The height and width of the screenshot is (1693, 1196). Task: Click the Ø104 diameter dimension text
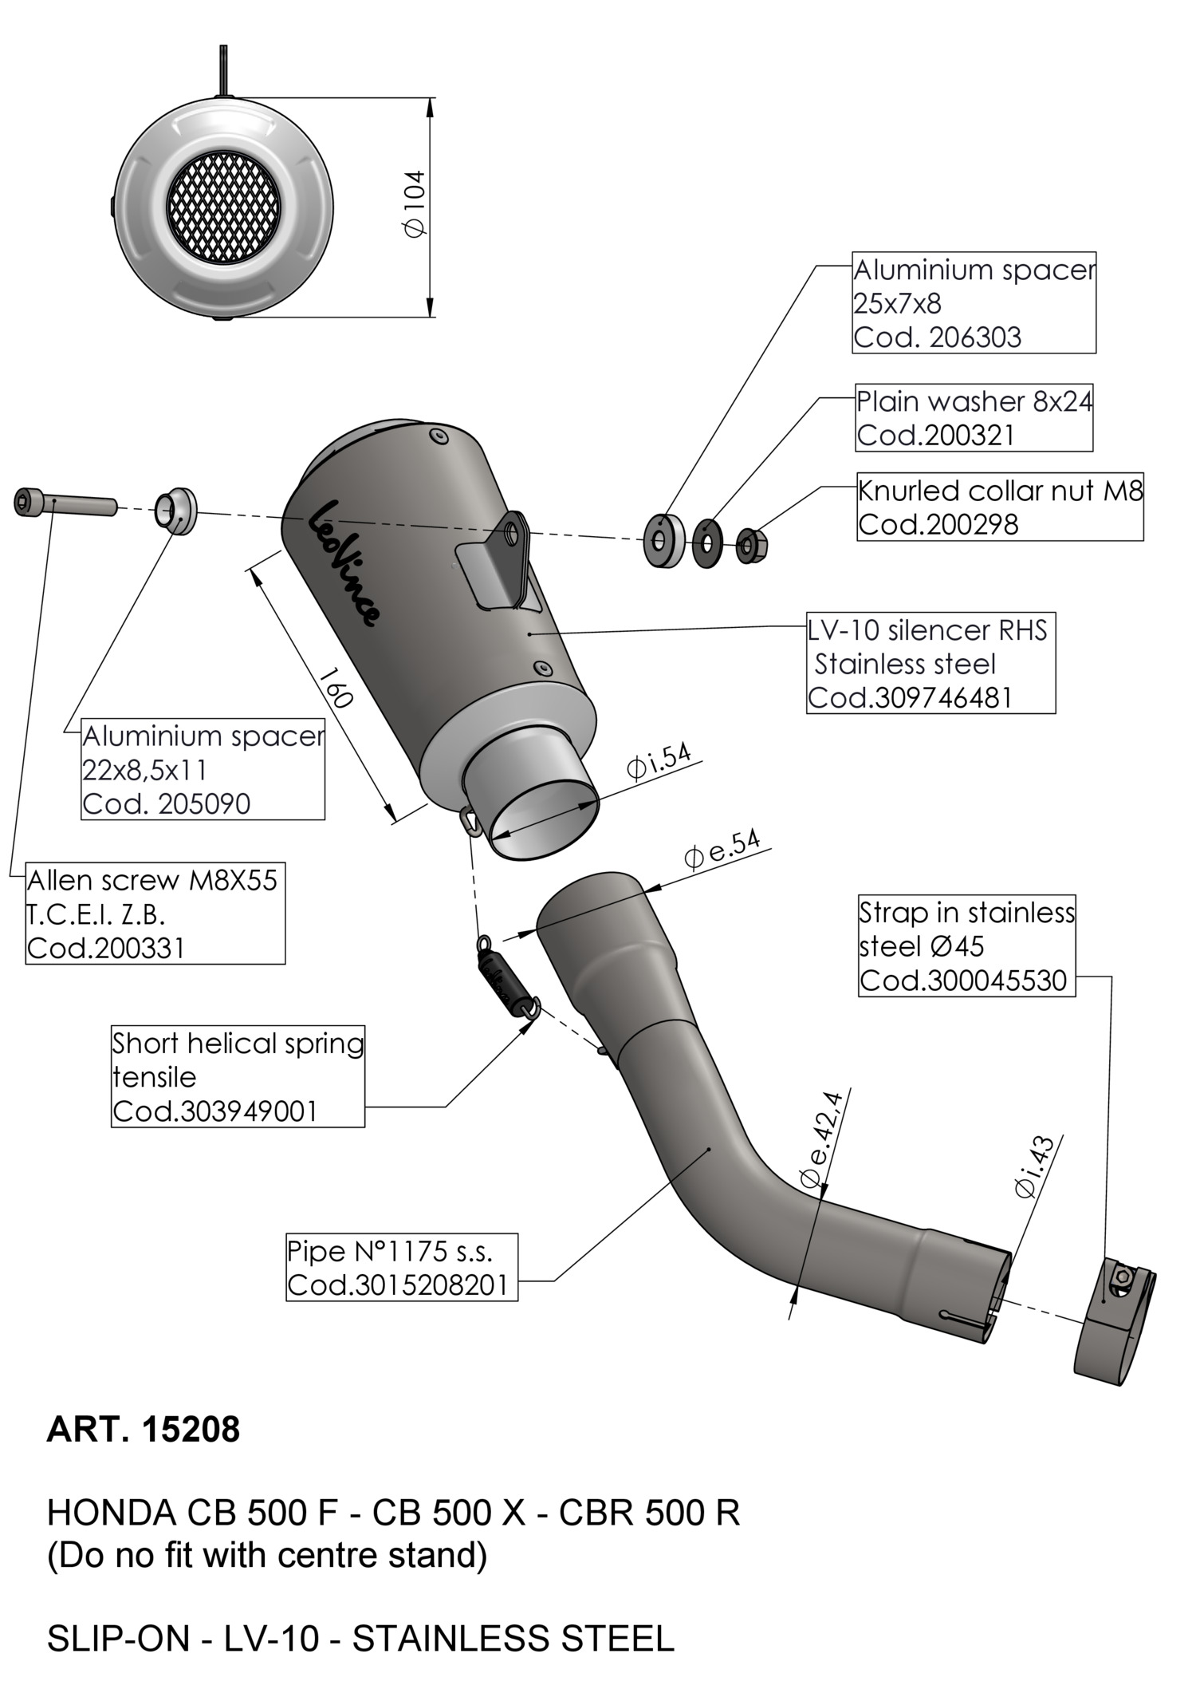415,204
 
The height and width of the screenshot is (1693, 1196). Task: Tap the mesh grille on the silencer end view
223,207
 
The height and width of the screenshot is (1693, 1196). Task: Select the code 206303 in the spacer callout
936,337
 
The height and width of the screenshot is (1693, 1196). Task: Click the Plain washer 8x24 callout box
973,418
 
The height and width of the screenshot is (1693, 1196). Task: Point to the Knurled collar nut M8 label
1000,490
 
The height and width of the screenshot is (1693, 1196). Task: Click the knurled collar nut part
748,546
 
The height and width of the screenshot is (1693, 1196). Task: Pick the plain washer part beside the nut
706,543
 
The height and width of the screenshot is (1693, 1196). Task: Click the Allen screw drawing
64,504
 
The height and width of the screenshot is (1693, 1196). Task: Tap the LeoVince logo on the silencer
343,562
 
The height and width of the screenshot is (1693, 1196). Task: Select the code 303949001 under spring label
215,1111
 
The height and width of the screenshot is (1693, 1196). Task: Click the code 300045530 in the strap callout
963,980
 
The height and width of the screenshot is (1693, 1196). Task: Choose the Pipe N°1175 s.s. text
391,1251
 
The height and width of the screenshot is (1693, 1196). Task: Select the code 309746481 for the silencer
909,698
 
